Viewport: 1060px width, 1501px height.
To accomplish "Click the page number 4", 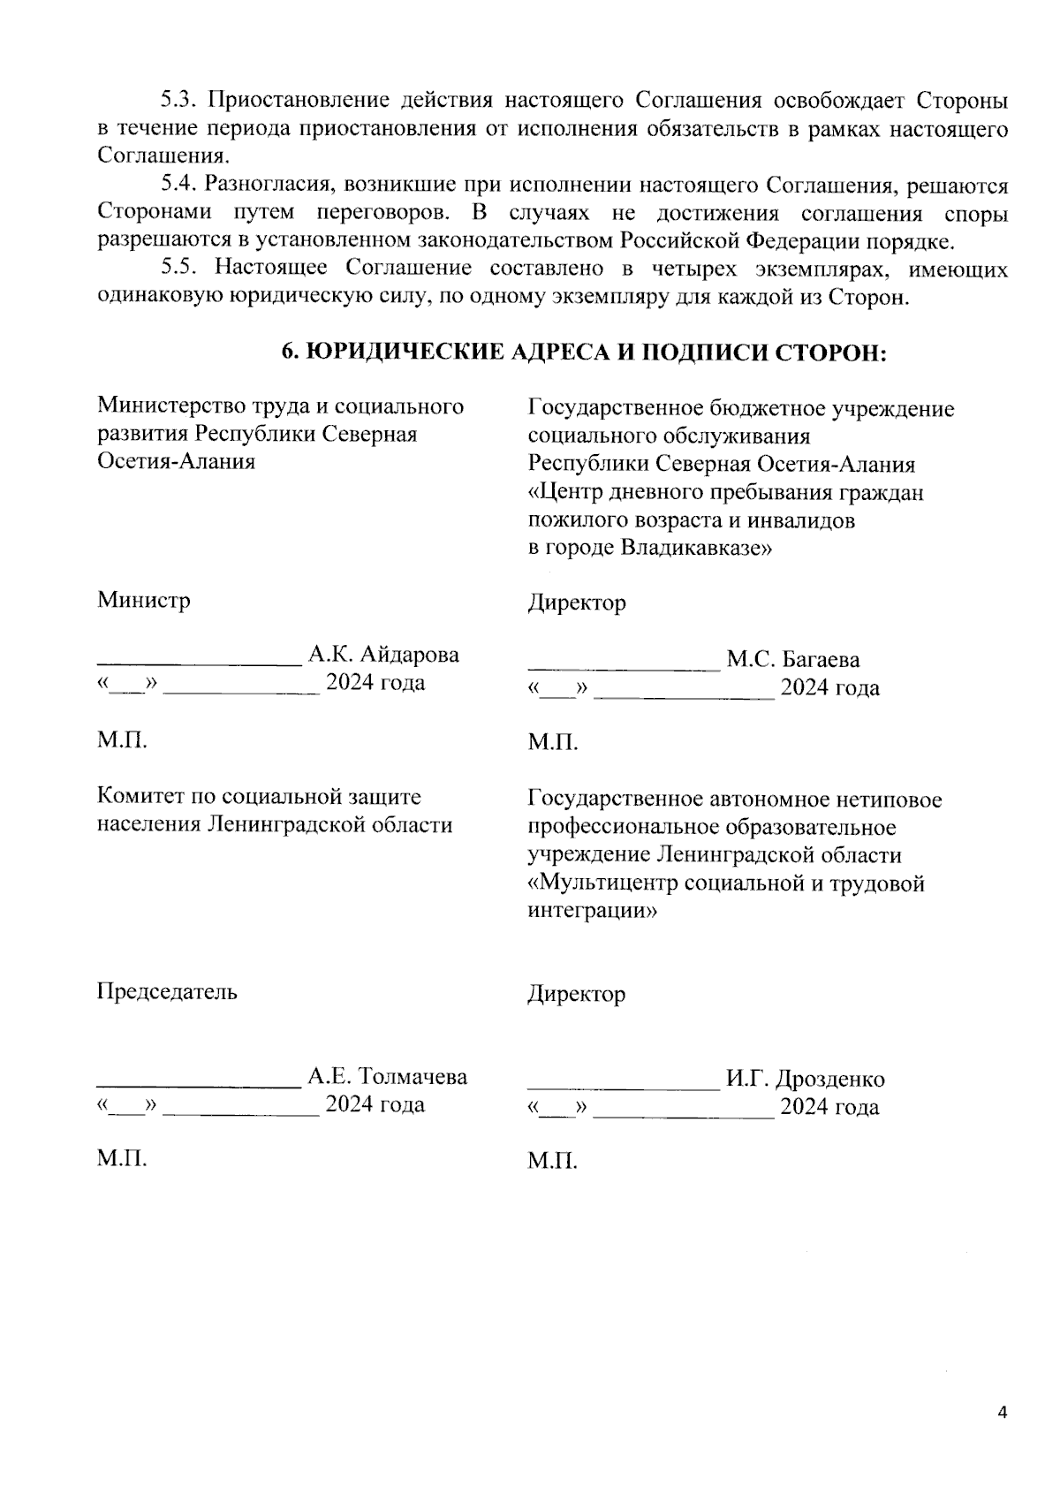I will pyautogui.click(x=1002, y=1412).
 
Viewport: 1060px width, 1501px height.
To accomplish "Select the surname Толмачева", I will pyautogui.click(x=413, y=1077).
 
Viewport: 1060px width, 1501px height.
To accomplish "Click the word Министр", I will pyautogui.click(x=143, y=601).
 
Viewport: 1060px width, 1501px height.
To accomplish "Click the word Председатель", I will pyautogui.click(x=167, y=991).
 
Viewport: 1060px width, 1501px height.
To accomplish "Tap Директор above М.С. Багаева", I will pyautogui.click(x=577, y=603).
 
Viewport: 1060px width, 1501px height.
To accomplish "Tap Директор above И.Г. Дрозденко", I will pyautogui.click(x=577, y=995).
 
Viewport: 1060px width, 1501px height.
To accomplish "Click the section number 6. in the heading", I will pyautogui.click(x=290, y=353).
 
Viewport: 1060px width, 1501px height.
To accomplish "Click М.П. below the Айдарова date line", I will pyautogui.click(x=122, y=739).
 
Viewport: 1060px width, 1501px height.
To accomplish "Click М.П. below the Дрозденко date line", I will pyautogui.click(x=553, y=1161).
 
